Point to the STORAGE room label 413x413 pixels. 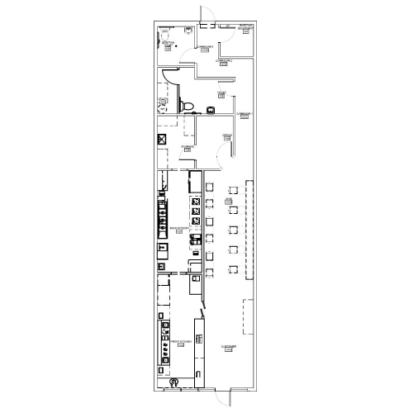coord(187,147)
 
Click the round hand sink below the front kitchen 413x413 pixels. coord(173,382)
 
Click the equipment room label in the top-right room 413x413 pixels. coord(244,27)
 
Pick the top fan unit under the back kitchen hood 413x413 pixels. coord(196,201)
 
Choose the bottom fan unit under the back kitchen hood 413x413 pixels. coord(196,221)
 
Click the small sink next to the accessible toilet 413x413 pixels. coord(211,108)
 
